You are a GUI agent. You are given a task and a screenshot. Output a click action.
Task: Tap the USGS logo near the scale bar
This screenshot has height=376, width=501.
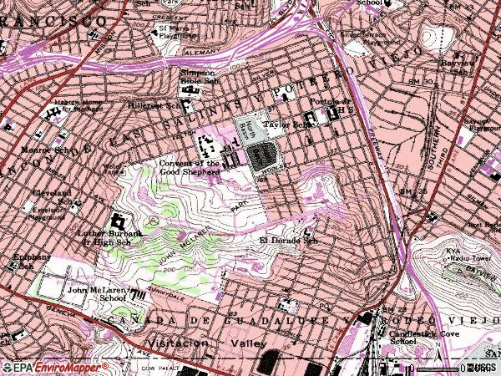click(489, 366)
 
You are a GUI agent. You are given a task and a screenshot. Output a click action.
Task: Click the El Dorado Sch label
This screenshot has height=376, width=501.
click(285, 241)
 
